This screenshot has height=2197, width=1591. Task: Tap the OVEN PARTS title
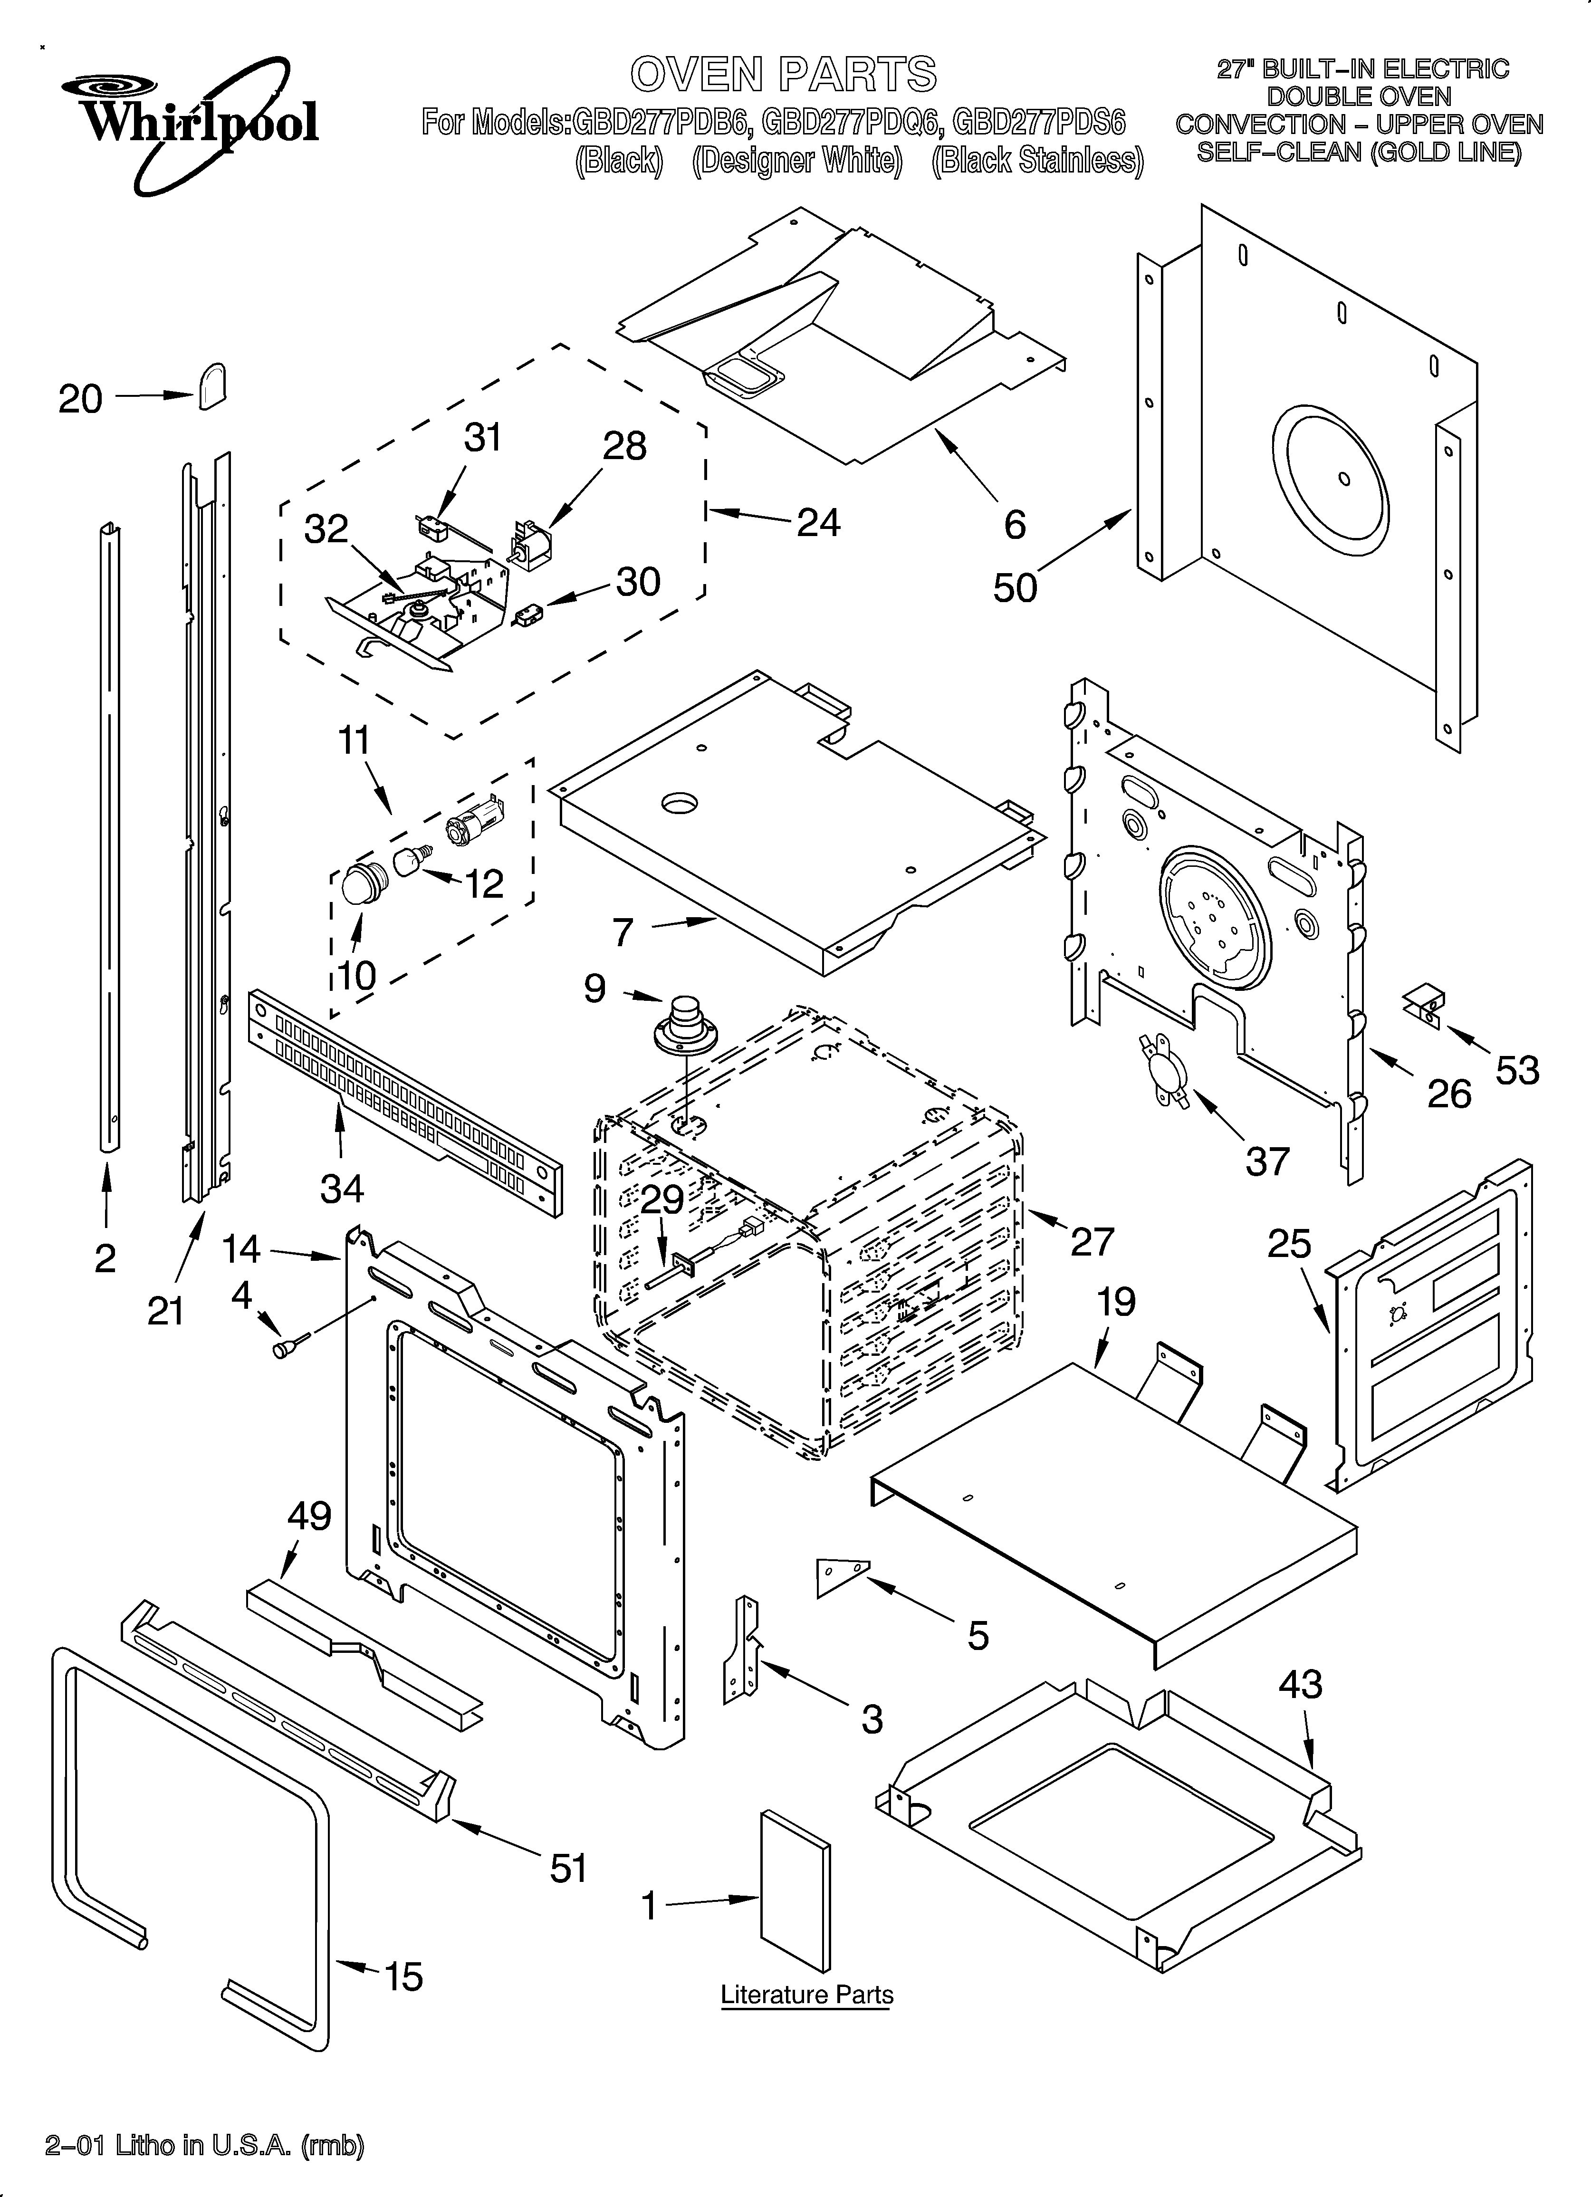click(x=783, y=75)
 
